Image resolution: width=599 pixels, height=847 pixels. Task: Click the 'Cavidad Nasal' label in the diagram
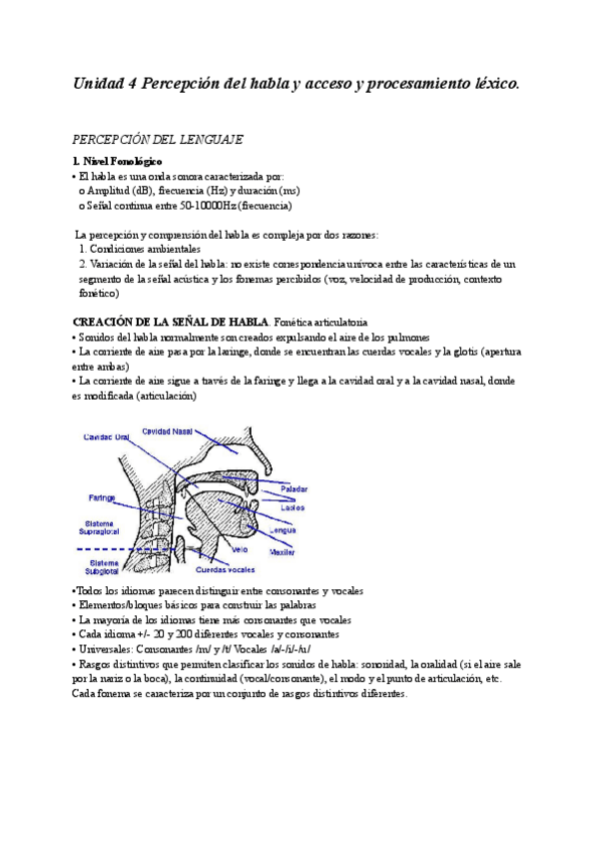coord(167,431)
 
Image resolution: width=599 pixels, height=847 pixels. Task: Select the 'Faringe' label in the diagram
coord(101,496)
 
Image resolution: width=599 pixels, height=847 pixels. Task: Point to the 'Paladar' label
coord(294,488)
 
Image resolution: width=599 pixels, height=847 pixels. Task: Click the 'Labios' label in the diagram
coord(292,507)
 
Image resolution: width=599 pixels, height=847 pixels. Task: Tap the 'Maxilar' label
coord(283,551)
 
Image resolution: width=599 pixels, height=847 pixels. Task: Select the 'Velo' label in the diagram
coord(240,550)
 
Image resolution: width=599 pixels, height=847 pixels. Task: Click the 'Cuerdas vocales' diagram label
coord(225,570)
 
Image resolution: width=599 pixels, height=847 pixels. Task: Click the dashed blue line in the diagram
coord(110,549)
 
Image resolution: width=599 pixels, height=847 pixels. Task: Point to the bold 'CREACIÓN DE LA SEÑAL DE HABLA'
coord(170,322)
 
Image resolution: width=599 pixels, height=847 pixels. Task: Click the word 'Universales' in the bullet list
coord(106,649)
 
